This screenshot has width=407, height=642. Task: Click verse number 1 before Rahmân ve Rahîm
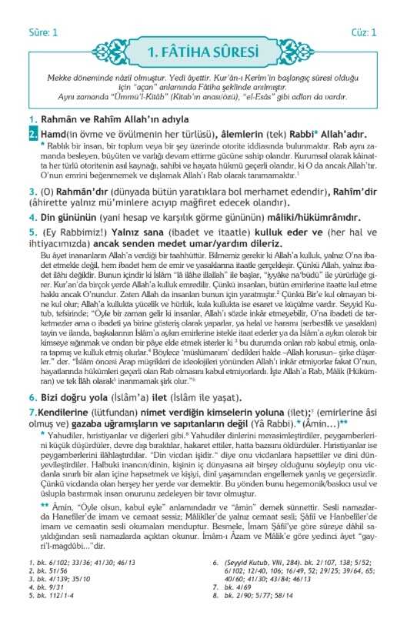tap(32, 120)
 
